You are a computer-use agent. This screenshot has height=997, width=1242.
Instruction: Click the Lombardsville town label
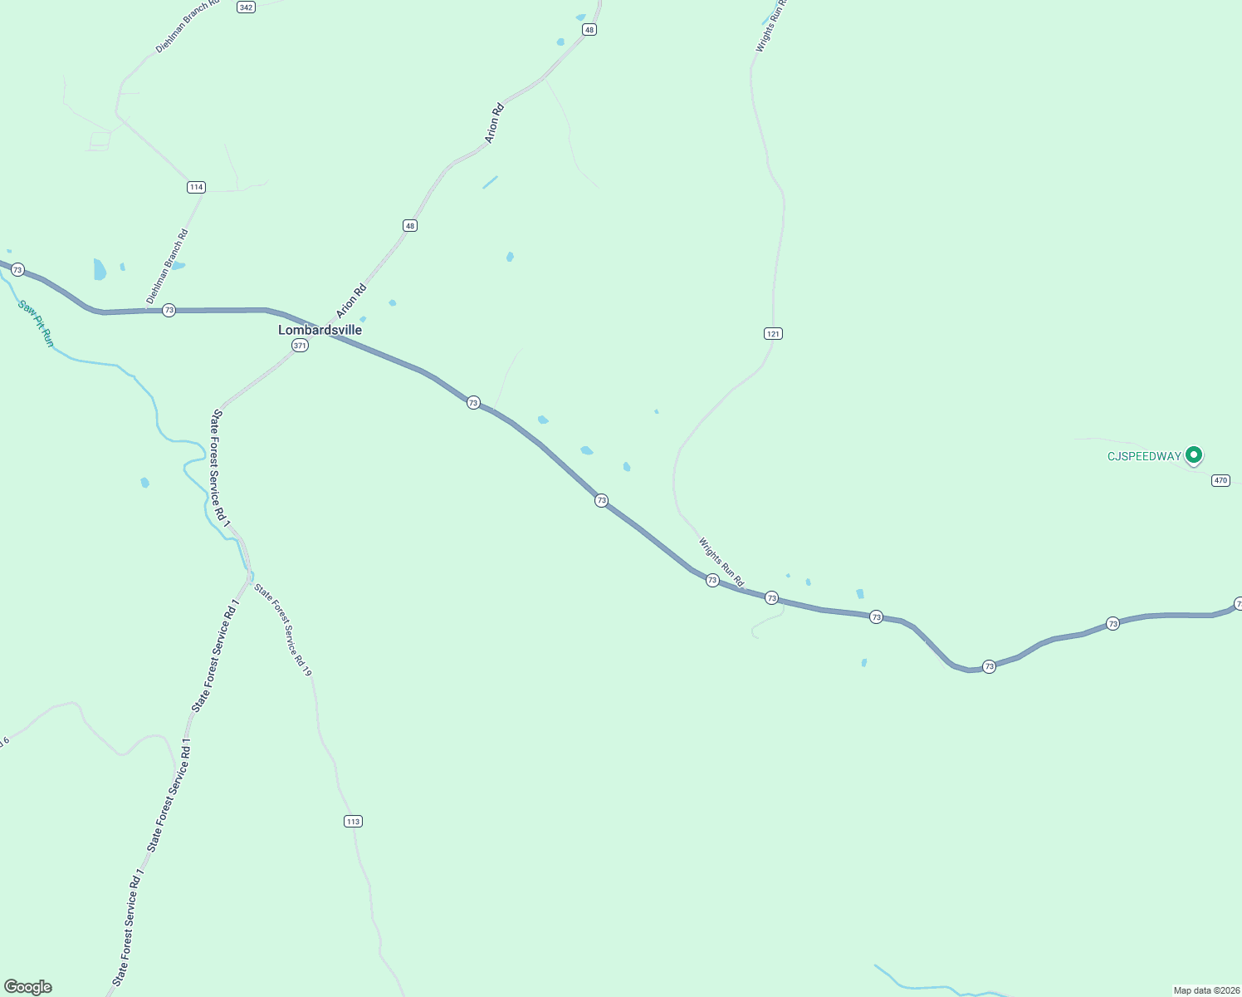tap(320, 330)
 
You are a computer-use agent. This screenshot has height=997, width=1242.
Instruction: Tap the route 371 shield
tap(301, 345)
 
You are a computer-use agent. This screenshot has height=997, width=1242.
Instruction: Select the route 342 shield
tap(246, 7)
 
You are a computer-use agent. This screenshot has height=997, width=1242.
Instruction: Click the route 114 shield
tap(196, 187)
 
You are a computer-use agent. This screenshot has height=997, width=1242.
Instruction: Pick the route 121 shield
tap(773, 333)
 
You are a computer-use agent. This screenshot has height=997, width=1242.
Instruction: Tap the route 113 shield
tap(353, 821)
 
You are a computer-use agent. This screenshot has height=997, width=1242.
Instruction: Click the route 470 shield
tap(1220, 480)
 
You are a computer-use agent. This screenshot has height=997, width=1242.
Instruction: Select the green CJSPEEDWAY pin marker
tap(1194, 454)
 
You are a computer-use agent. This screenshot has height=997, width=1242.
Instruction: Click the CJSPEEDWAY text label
tap(1144, 456)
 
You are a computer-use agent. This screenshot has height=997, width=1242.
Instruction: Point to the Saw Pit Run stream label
tap(36, 323)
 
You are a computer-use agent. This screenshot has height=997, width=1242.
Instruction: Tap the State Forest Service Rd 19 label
tap(283, 630)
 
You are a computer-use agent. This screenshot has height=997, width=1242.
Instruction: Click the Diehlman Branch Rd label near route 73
tap(167, 266)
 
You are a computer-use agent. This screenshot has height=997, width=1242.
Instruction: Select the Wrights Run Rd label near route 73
tap(721, 562)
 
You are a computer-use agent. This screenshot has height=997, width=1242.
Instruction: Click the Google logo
tap(28, 987)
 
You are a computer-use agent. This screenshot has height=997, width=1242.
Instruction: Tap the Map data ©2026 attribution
tap(1205, 990)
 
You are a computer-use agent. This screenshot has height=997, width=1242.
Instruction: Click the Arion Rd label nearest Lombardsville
tap(351, 302)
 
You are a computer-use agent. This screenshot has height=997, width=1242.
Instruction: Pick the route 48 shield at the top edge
tap(589, 29)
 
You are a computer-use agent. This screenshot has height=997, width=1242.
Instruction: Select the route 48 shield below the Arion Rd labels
tap(409, 225)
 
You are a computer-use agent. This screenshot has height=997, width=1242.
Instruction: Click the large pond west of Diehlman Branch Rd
tap(100, 269)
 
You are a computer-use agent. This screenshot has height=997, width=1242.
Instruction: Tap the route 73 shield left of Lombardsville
tap(169, 310)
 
